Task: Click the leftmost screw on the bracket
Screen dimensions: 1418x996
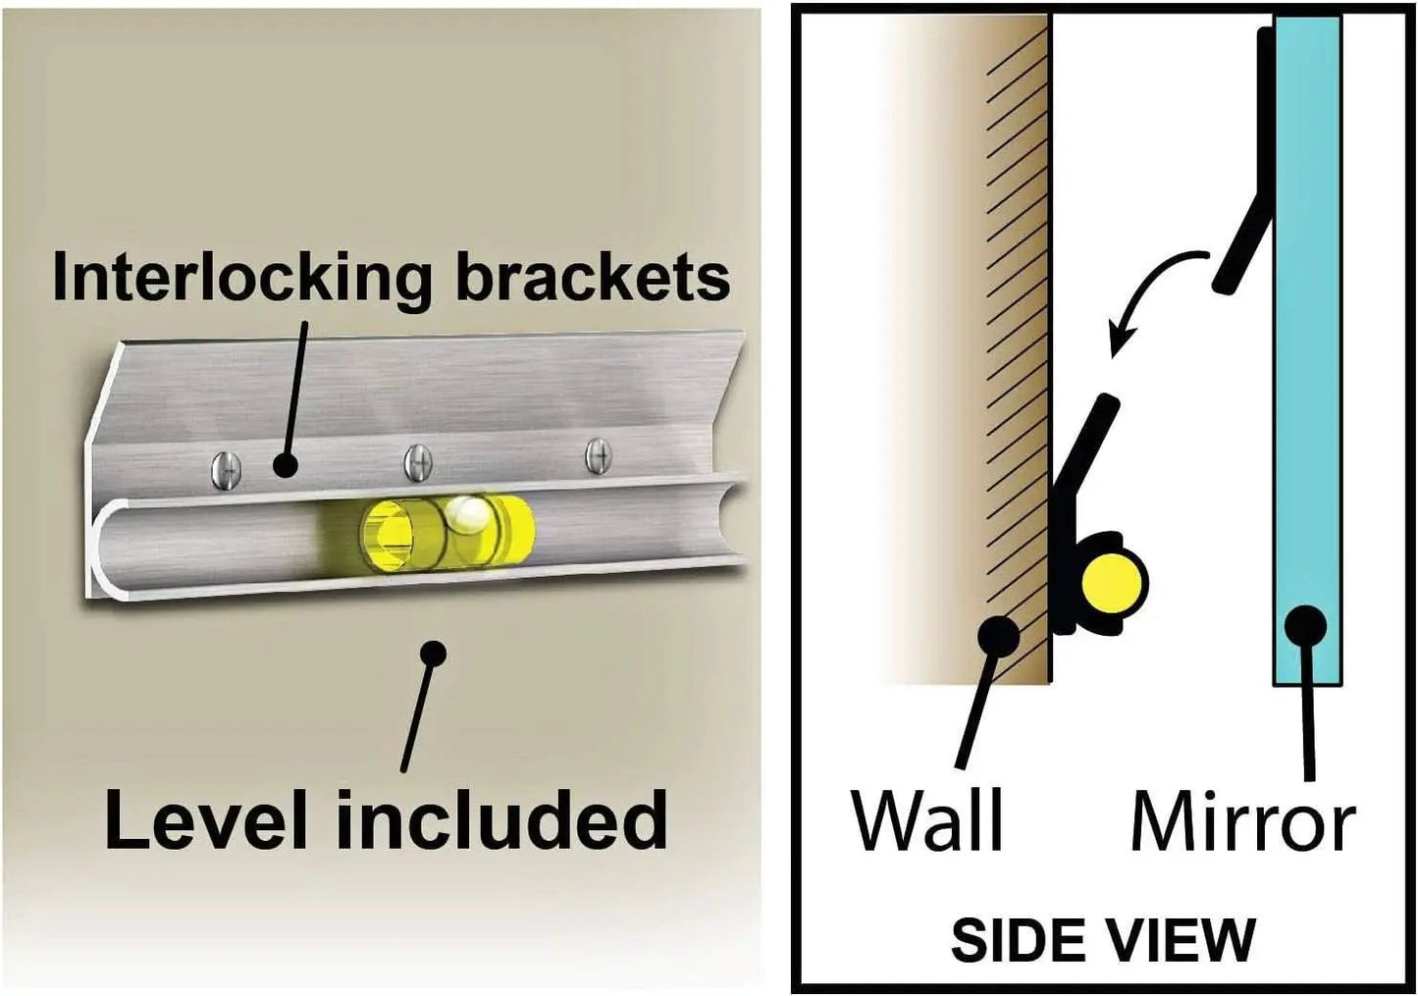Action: (x=226, y=470)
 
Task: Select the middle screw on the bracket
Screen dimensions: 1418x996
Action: (x=418, y=461)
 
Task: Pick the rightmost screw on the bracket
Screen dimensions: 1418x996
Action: (x=599, y=454)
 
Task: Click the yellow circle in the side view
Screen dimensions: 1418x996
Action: (x=1114, y=583)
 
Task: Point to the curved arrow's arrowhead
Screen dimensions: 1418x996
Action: (x=1119, y=343)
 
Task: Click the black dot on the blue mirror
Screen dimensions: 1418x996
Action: (x=1306, y=627)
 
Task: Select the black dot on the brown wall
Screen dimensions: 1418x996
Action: (x=999, y=635)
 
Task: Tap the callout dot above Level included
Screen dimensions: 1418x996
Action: (x=433, y=653)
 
